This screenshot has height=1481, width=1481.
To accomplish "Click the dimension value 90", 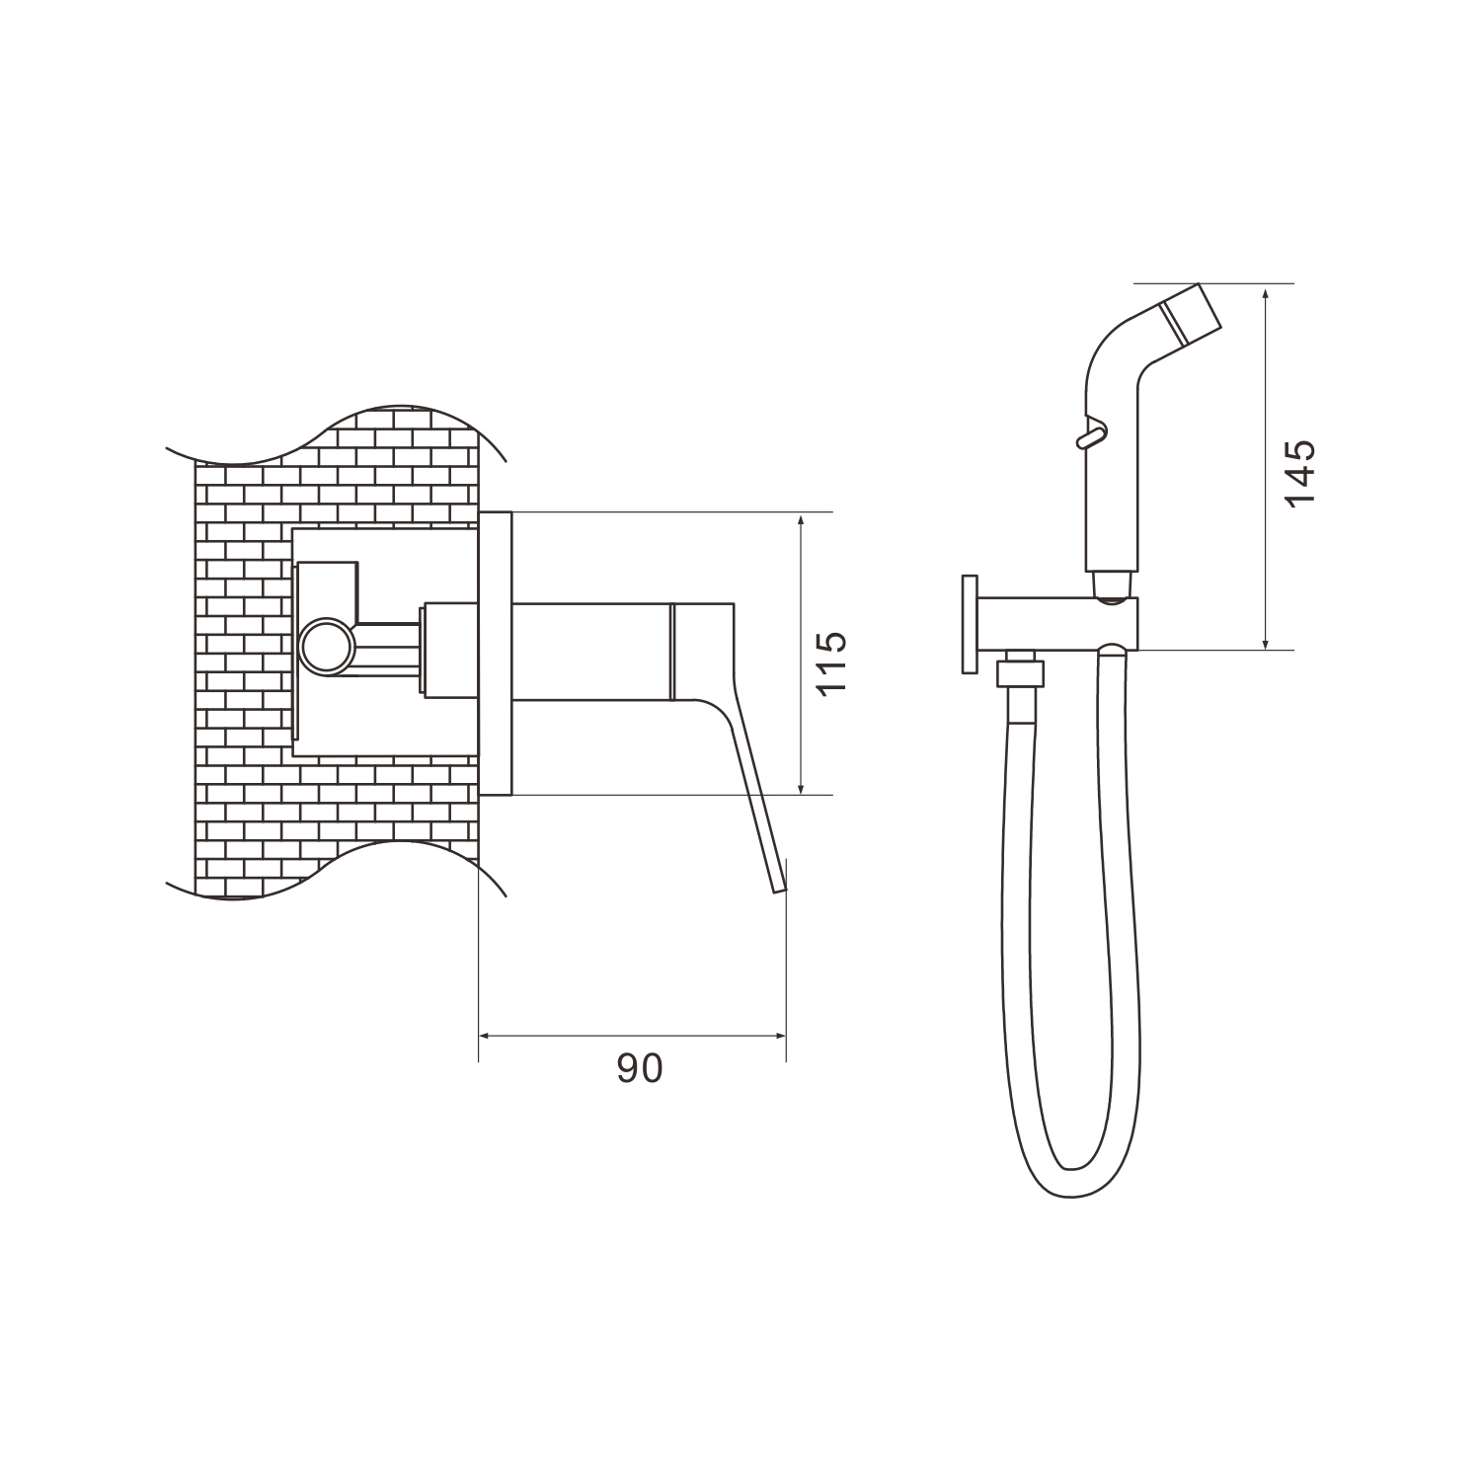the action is click(640, 1068).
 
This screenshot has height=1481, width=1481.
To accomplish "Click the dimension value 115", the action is click(831, 663).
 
